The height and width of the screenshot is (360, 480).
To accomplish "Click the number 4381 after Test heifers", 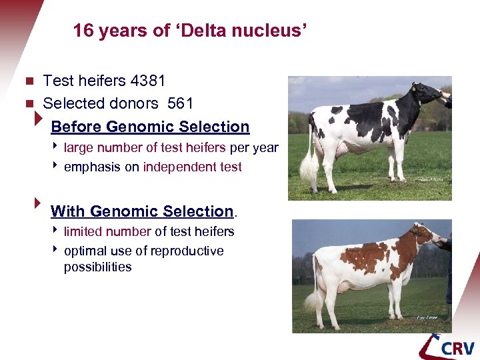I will (x=148, y=81).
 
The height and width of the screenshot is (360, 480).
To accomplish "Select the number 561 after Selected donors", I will (x=180, y=104).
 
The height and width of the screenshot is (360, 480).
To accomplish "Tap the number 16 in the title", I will (x=83, y=31).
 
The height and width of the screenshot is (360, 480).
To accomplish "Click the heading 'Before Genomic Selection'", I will (x=150, y=127).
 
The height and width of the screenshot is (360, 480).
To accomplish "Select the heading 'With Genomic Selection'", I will (x=142, y=211).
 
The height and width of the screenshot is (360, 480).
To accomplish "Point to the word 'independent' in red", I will (x=179, y=167).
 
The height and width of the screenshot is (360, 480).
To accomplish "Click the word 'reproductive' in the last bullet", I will (x=187, y=251).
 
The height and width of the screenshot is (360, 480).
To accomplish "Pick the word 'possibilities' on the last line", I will (x=97, y=267).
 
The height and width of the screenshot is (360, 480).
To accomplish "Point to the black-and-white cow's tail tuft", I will (x=308, y=169).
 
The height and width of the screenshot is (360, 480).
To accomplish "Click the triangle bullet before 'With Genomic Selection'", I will (x=37, y=201).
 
